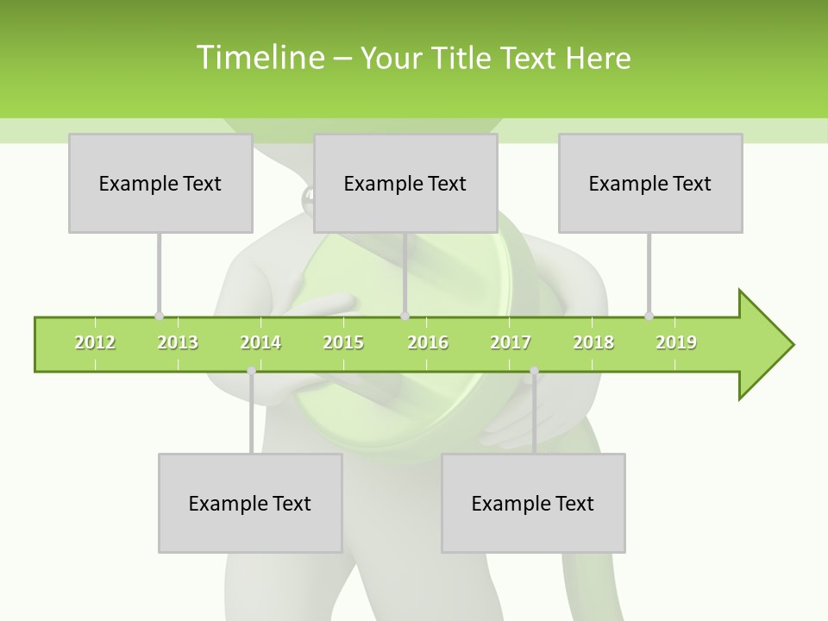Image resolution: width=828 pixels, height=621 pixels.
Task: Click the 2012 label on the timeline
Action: coord(95,343)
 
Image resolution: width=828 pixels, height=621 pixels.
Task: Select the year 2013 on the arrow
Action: coord(178,343)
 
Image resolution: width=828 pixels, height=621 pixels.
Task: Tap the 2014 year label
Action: coord(260,343)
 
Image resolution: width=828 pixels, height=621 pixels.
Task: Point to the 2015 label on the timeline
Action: coord(343,343)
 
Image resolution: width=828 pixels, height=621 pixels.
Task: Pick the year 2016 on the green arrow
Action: coord(428,343)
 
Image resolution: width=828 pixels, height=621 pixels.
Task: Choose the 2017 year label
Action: coord(511,343)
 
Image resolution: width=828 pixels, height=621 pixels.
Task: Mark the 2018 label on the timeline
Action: coord(593,343)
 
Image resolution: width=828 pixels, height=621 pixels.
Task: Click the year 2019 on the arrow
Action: coord(676,343)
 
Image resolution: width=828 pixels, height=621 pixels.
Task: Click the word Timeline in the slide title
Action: coord(259,58)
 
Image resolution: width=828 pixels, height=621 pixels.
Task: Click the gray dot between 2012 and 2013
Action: coord(159,316)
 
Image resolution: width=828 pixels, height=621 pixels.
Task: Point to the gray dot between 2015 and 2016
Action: coord(405,316)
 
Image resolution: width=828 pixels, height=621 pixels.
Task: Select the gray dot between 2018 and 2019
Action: coord(649,316)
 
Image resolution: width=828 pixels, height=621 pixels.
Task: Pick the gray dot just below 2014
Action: coord(251,371)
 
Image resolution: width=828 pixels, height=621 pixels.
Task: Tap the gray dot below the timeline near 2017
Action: coord(534,371)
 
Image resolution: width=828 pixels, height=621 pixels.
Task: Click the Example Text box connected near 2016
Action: coord(405,184)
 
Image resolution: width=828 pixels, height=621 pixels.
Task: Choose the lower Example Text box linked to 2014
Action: coord(250,503)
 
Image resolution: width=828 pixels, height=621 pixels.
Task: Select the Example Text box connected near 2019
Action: coord(650,184)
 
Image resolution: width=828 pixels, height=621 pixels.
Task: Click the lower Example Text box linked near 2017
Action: coord(533,503)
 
